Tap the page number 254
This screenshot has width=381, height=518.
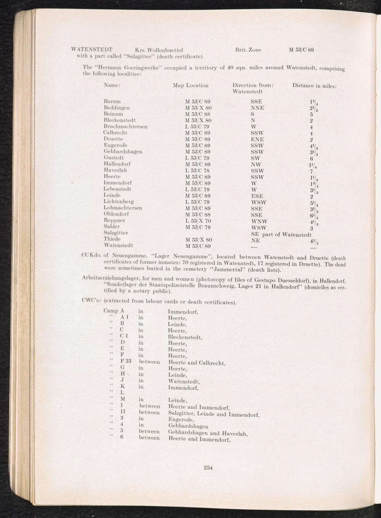point(208,468)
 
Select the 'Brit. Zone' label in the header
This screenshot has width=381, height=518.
point(248,50)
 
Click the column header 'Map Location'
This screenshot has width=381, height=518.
point(190,85)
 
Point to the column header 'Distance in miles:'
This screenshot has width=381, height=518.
point(314,86)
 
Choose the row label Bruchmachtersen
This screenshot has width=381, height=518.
point(125,127)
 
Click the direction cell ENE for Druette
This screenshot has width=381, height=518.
point(257,140)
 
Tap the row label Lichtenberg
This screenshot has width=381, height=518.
point(118,201)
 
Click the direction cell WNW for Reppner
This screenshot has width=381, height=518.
point(259,221)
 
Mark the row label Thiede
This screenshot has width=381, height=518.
point(112,239)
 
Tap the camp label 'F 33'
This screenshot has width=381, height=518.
point(126,361)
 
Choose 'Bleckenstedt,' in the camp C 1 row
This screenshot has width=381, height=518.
point(185,337)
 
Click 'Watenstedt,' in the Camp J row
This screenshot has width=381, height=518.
point(184,381)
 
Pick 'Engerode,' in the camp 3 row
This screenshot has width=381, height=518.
point(181,420)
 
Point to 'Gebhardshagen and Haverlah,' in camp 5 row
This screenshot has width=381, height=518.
point(208,433)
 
